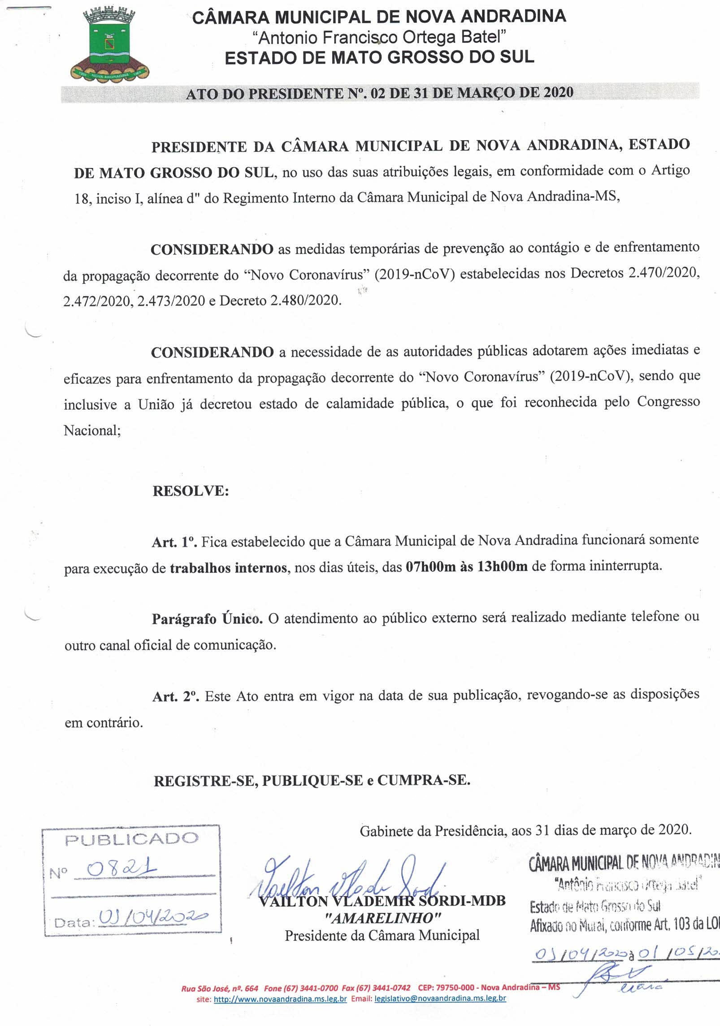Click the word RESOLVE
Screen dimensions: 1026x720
(x=191, y=491)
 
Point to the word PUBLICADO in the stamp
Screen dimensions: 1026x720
(x=131, y=839)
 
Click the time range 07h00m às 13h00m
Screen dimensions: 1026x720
(x=466, y=567)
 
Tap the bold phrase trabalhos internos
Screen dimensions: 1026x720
(x=228, y=568)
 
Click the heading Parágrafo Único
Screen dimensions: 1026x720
(x=207, y=619)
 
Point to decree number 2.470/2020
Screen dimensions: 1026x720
(x=664, y=273)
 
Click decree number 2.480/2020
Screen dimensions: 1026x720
(x=305, y=300)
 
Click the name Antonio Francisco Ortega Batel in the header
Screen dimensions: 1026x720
(x=379, y=37)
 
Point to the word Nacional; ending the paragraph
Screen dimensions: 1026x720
(x=92, y=430)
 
